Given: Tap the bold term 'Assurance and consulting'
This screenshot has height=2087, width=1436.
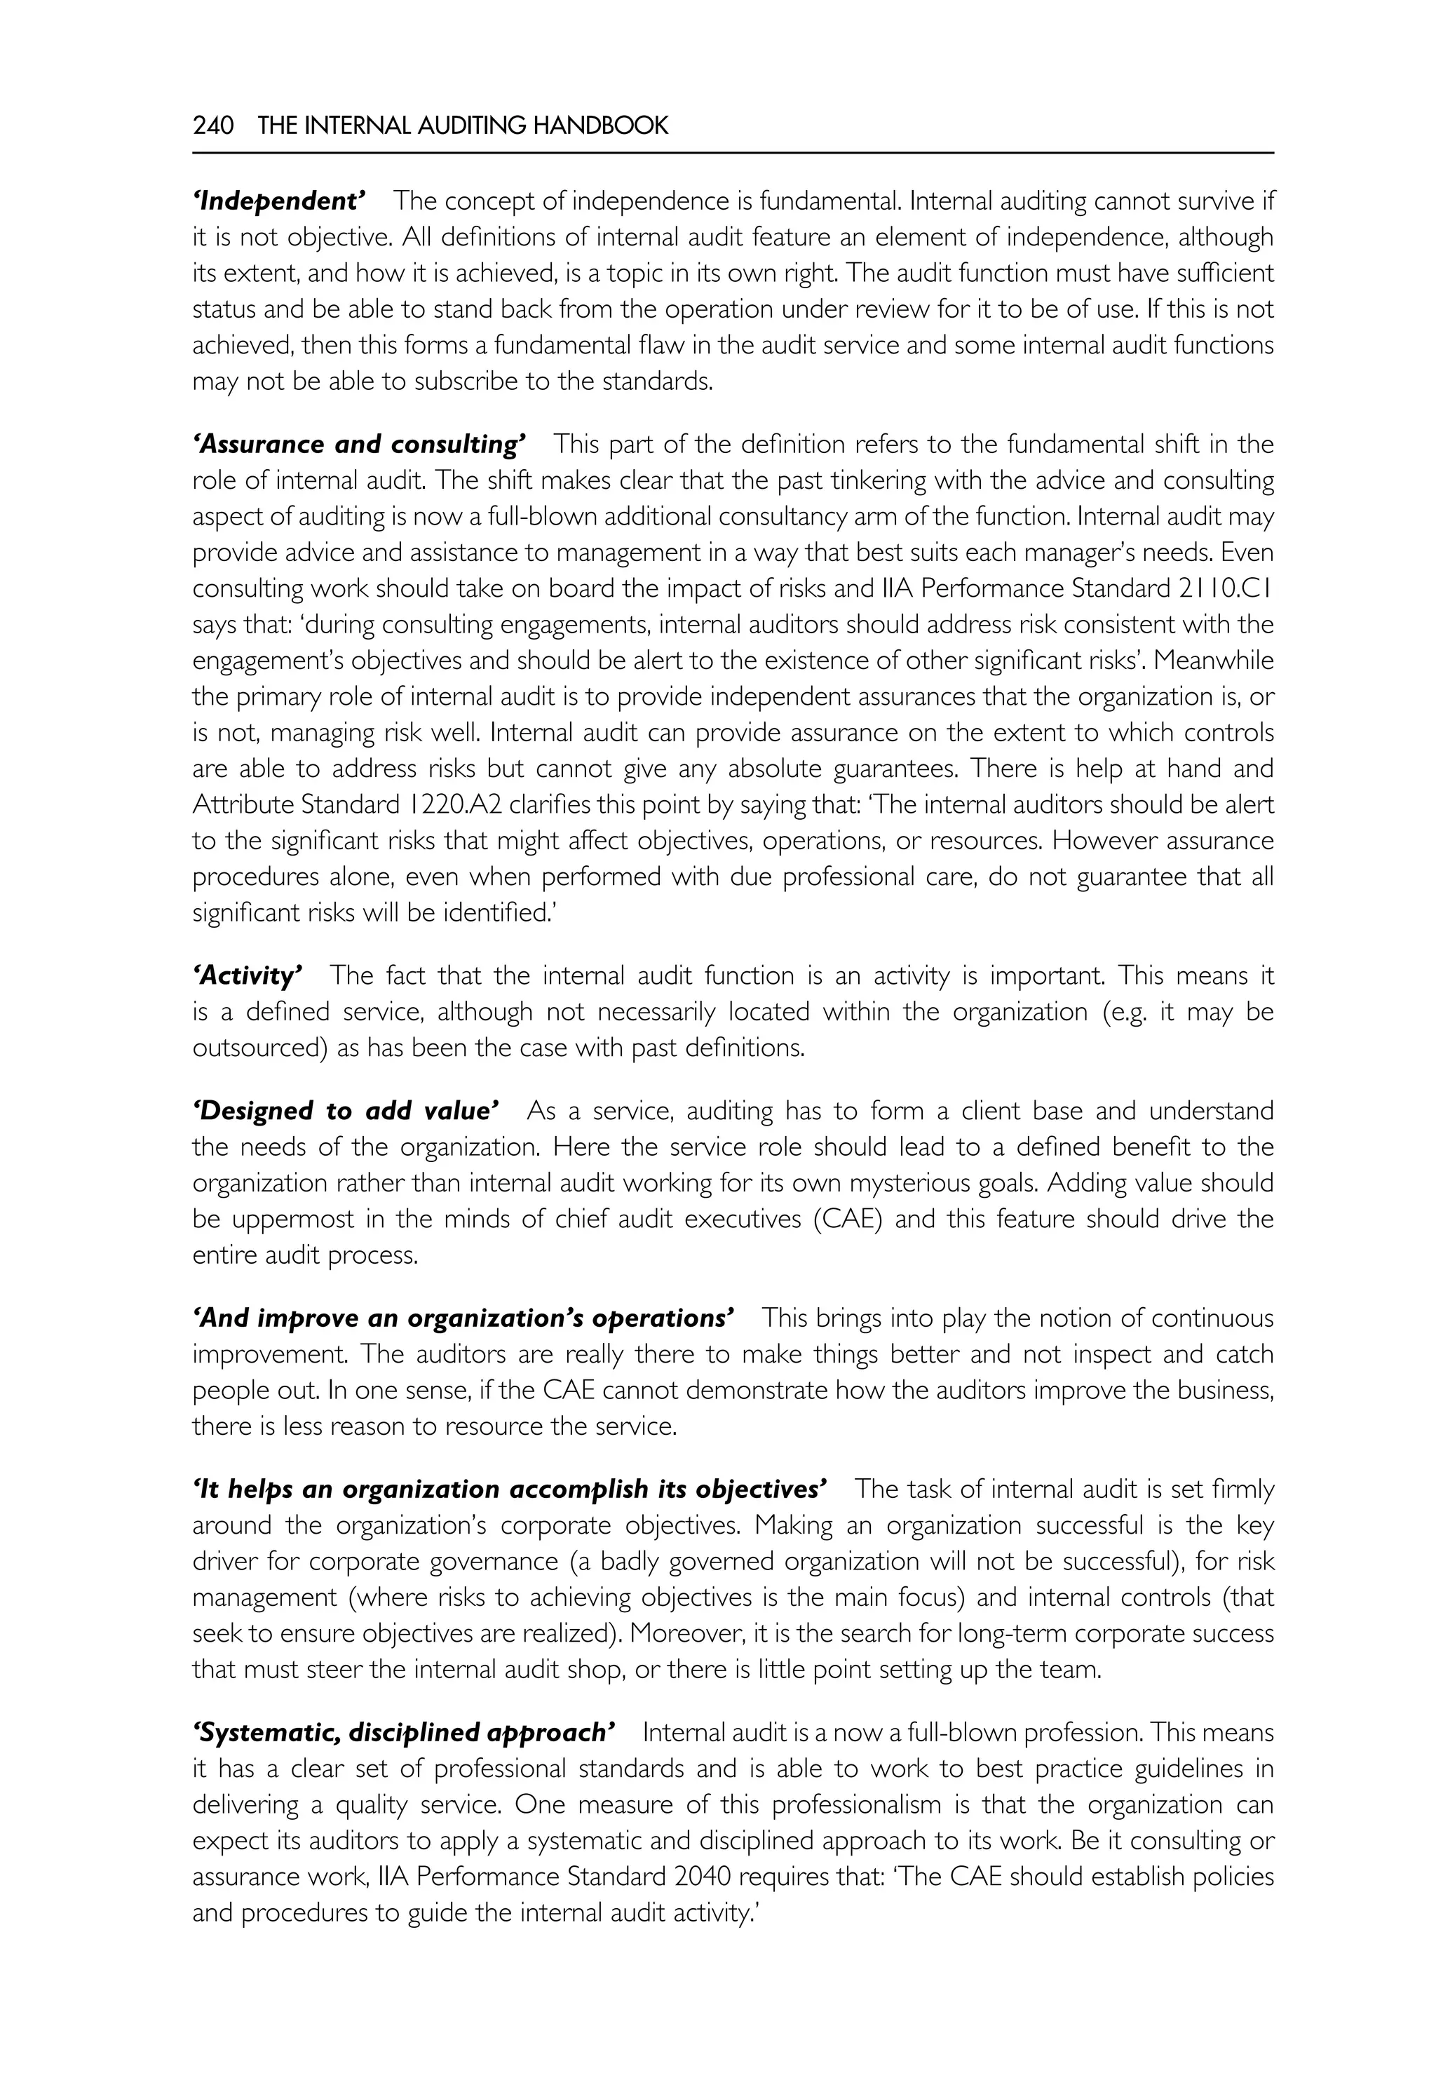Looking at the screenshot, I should [x=359, y=445].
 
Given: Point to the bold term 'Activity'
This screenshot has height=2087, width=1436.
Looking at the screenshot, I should [x=248, y=975].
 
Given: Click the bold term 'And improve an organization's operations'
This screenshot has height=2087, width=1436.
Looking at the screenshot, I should [x=463, y=1318].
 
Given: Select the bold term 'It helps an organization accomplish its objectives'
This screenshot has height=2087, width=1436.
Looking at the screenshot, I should [x=509, y=1490].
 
